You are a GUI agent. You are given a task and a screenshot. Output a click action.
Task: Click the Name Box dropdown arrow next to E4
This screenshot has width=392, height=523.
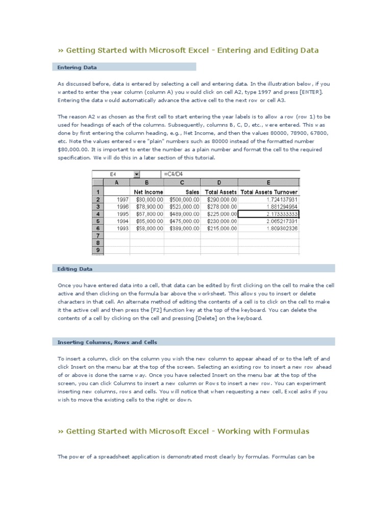pyautogui.click(x=137, y=174)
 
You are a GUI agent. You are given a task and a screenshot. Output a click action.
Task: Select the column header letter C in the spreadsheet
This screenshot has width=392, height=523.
pyautogui.click(x=183, y=182)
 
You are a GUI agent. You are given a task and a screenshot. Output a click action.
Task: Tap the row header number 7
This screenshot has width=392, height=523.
pyautogui.click(x=97, y=236)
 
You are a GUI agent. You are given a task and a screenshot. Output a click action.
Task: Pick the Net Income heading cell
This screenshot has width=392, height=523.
pyautogui.click(x=148, y=192)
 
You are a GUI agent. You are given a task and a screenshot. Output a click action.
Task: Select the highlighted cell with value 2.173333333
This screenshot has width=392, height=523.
pyautogui.click(x=268, y=214)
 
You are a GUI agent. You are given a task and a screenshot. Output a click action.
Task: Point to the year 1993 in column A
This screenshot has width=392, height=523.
pyautogui.click(x=122, y=229)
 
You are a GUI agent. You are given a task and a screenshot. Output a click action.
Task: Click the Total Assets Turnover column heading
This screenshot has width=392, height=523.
pyautogui.click(x=269, y=192)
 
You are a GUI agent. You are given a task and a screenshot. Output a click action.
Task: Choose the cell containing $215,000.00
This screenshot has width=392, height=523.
pyautogui.click(x=222, y=229)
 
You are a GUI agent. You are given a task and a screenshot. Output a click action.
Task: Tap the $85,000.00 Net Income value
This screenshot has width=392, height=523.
pyautogui.click(x=148, y=221)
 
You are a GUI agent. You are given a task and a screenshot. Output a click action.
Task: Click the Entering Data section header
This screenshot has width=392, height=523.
pyautogui.click(x=77, y=67)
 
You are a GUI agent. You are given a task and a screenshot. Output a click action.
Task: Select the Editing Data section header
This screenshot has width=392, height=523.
pyautogui.click(x=75, y=269)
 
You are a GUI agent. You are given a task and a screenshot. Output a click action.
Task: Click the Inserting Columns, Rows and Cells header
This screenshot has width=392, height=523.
pyautogui.click(x=107, y=342)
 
